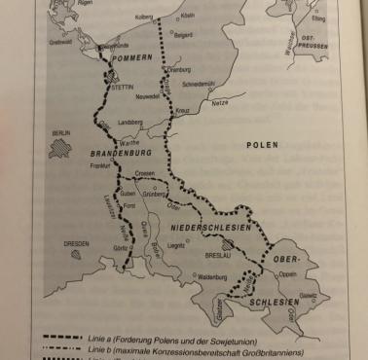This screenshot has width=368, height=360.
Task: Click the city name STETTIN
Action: [x=123, y=86]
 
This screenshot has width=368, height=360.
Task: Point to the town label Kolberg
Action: [x=142, y=16]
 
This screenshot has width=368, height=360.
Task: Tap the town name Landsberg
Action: [x=130, y=123]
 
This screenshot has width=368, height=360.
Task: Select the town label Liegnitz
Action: [x=175, y=245]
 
